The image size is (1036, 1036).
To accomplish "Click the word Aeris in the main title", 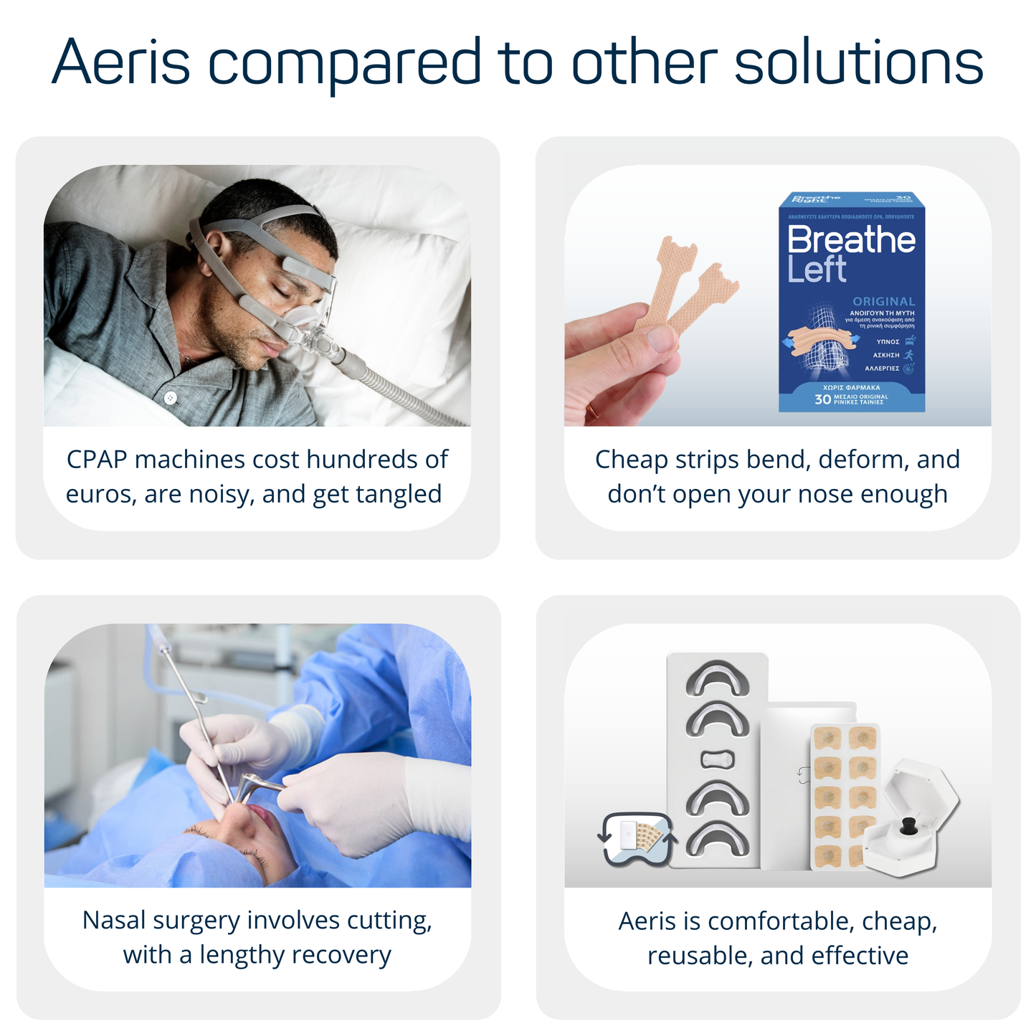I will [120, 63].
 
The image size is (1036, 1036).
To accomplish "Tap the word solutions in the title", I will [858, 63].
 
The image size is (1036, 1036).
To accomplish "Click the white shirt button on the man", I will [170, 397].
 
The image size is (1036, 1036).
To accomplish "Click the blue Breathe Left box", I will [851, 301].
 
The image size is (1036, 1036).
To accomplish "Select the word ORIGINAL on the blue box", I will [883, 301].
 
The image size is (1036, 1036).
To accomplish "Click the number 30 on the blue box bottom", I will [822, 399].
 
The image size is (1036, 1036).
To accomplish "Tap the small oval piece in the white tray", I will [716, 759].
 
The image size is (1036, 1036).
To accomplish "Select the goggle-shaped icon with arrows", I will [637, 838].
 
